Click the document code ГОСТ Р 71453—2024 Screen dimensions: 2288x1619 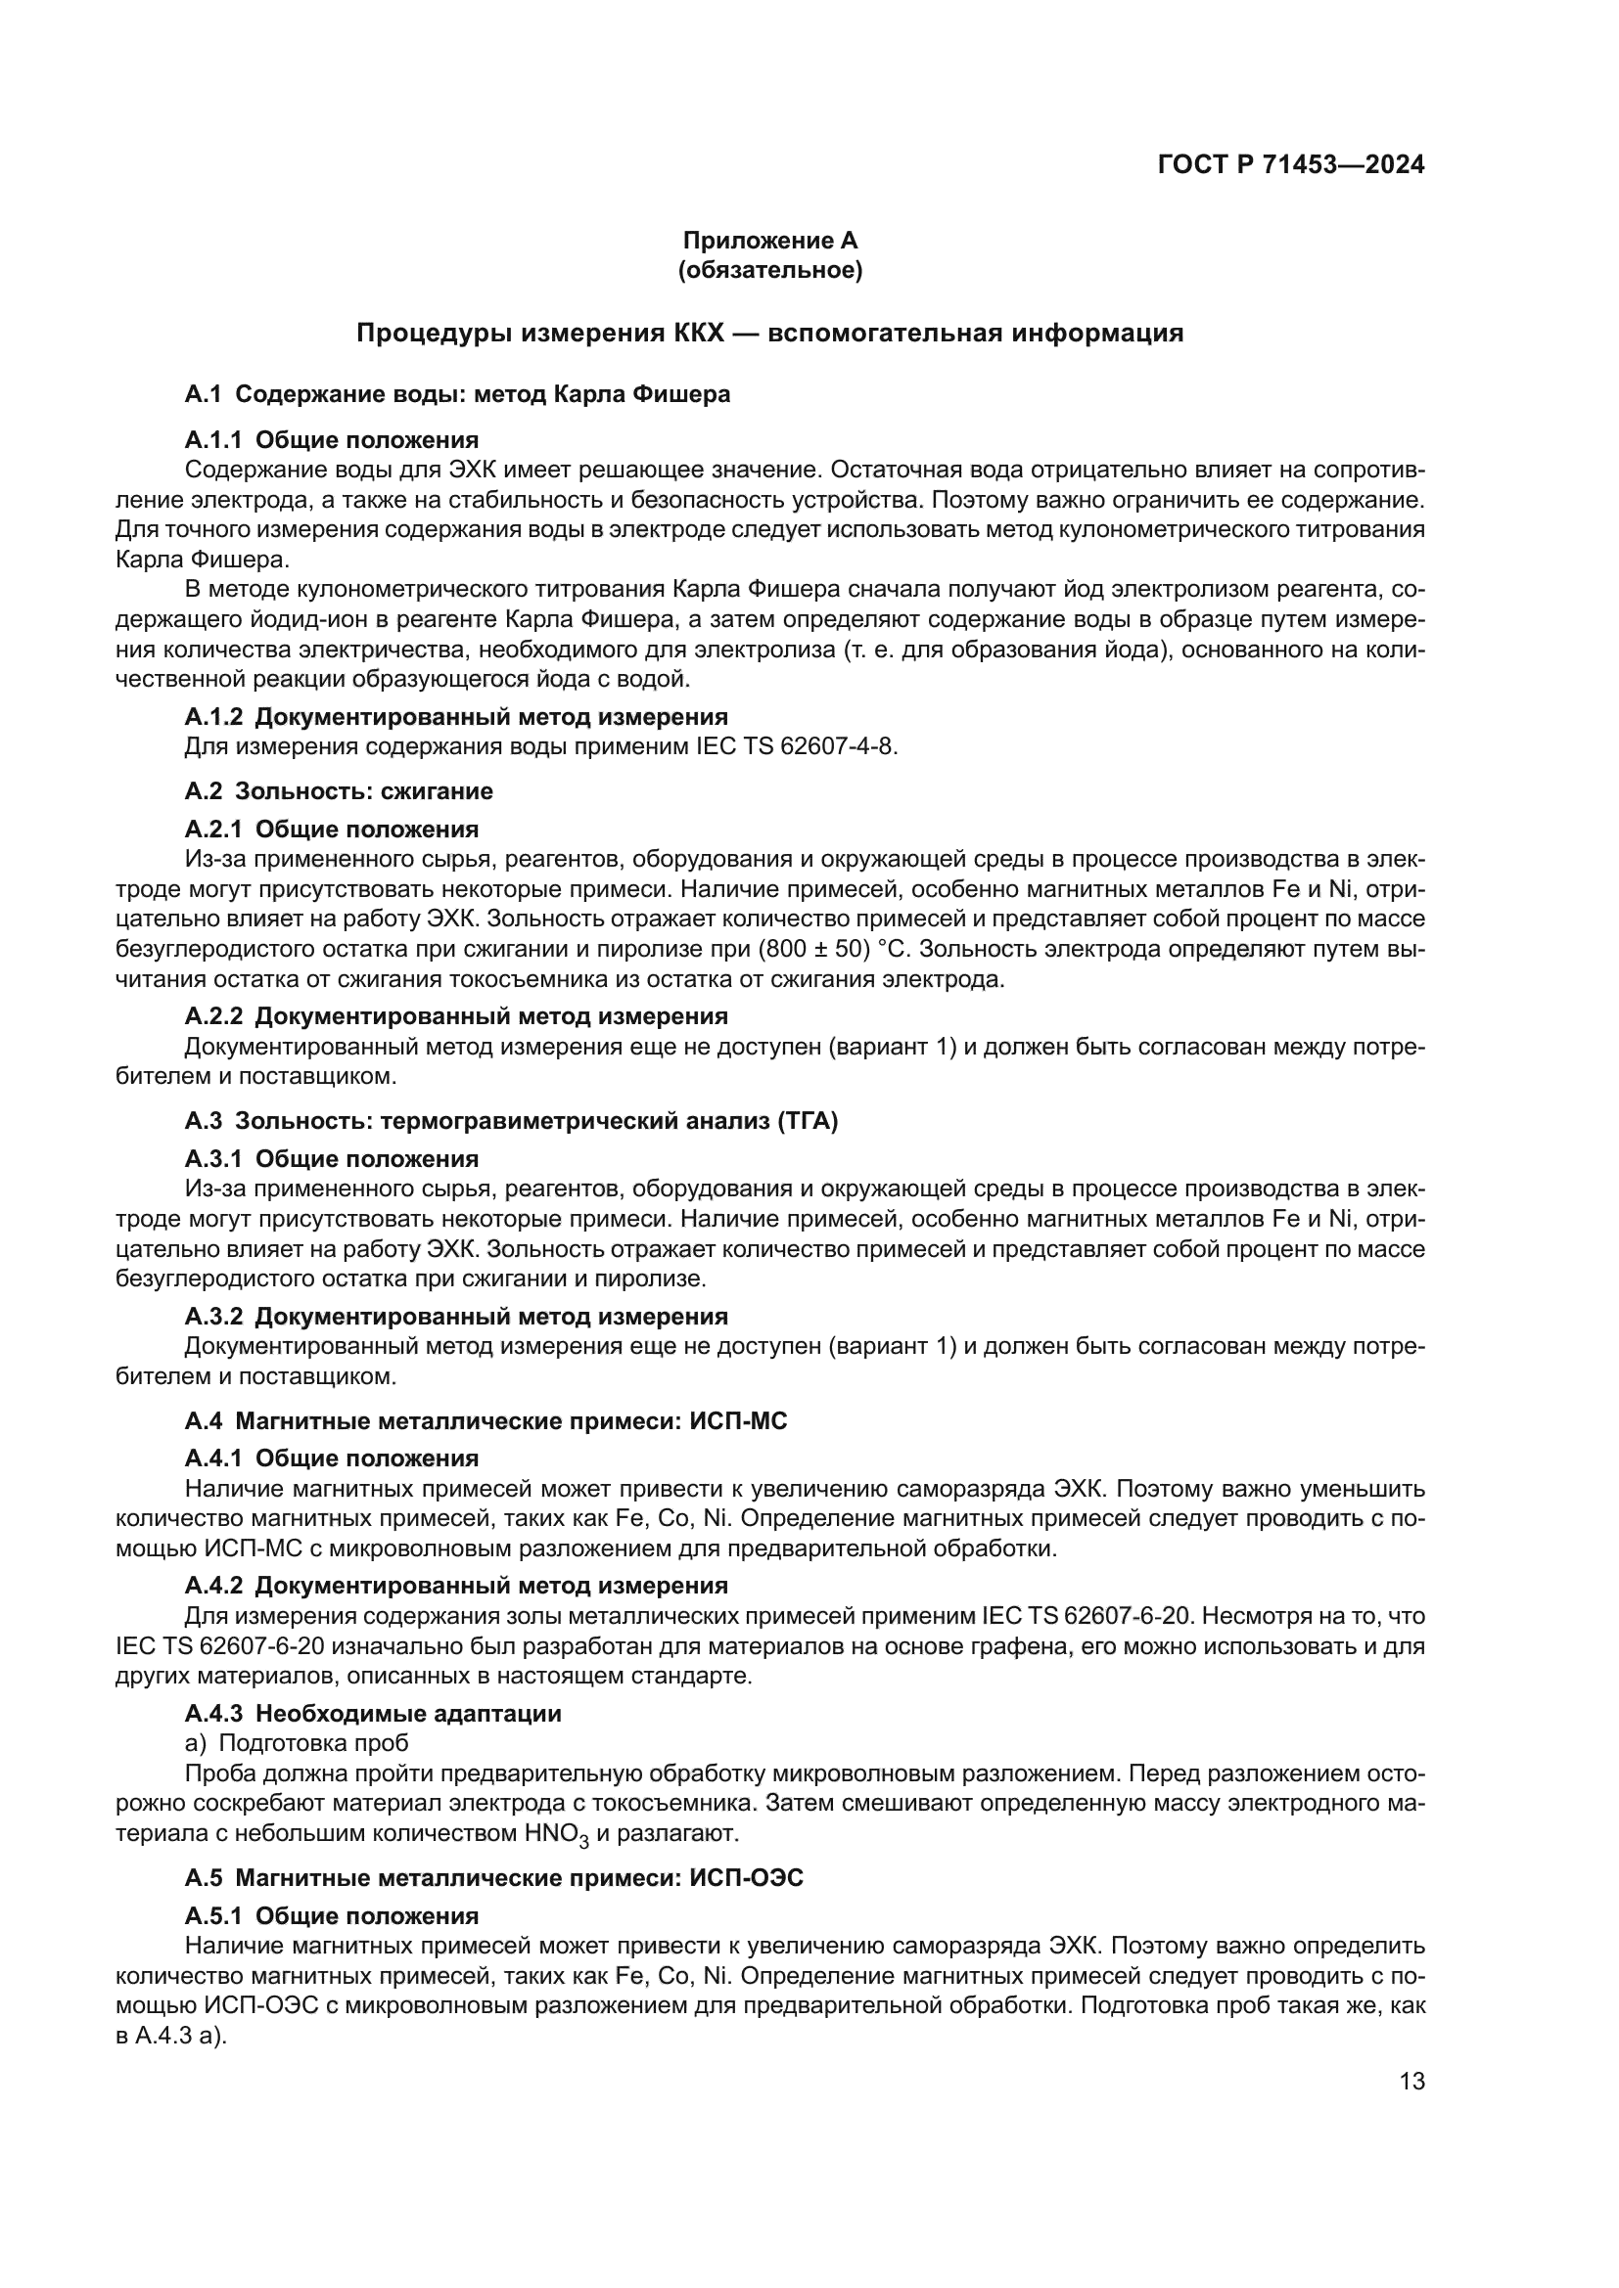(1290, 165)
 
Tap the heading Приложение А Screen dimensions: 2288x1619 (769, 241)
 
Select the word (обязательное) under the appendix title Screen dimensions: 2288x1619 (769, 270)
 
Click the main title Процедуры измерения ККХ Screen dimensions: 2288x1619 (769, 333)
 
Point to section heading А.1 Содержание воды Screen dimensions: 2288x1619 (456, 394)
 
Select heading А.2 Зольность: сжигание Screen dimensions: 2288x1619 (339, 791)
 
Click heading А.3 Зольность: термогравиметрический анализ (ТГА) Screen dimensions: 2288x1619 (510, 1121)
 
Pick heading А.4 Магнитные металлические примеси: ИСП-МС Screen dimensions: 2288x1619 (486, 1421)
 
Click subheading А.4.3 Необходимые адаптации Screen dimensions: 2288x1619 (373, 1714)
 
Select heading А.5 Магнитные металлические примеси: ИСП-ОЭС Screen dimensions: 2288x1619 (493, 1878)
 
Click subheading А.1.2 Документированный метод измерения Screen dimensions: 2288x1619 (455, 716)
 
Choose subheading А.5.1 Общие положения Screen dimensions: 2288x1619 (331, 1916)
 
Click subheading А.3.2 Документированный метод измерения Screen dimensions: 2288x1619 (455, 1317)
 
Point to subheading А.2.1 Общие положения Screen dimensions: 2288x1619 (331, 830)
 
